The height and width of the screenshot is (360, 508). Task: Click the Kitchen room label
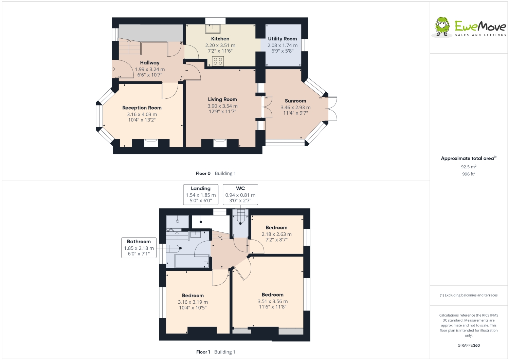[x=220, y=39]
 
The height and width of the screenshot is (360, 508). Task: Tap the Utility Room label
[x=282, y=39]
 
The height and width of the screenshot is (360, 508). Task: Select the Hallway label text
[x=150, y=63]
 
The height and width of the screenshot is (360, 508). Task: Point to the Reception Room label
[x=142, y=108]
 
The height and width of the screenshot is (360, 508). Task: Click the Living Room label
[x=222, y=99]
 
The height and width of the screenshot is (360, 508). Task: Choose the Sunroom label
[x=295, y=101]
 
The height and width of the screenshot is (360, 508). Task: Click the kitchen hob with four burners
[x=218, y=61]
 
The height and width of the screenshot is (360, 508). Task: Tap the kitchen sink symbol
[x=213, y=29]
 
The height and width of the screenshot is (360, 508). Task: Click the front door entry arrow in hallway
[x=113, y=69]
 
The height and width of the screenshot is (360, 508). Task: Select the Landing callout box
[x=201, y=194]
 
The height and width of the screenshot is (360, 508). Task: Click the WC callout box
[x=240, y=194]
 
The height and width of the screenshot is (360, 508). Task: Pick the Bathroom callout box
[x=139, y=248]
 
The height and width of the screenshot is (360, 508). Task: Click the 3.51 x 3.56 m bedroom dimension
[x=273, y=301]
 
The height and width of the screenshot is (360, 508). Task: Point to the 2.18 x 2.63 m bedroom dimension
[x=276, y=234]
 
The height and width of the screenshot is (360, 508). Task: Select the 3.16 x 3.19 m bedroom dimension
[x=193, y=302]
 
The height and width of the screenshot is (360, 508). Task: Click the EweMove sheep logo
[x=442, y=26]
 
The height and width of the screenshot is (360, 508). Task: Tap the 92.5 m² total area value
[x=469, y=167]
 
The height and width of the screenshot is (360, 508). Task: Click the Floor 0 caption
[x=203, y=173]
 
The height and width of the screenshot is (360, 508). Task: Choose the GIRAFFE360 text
[x=469, y=345]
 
